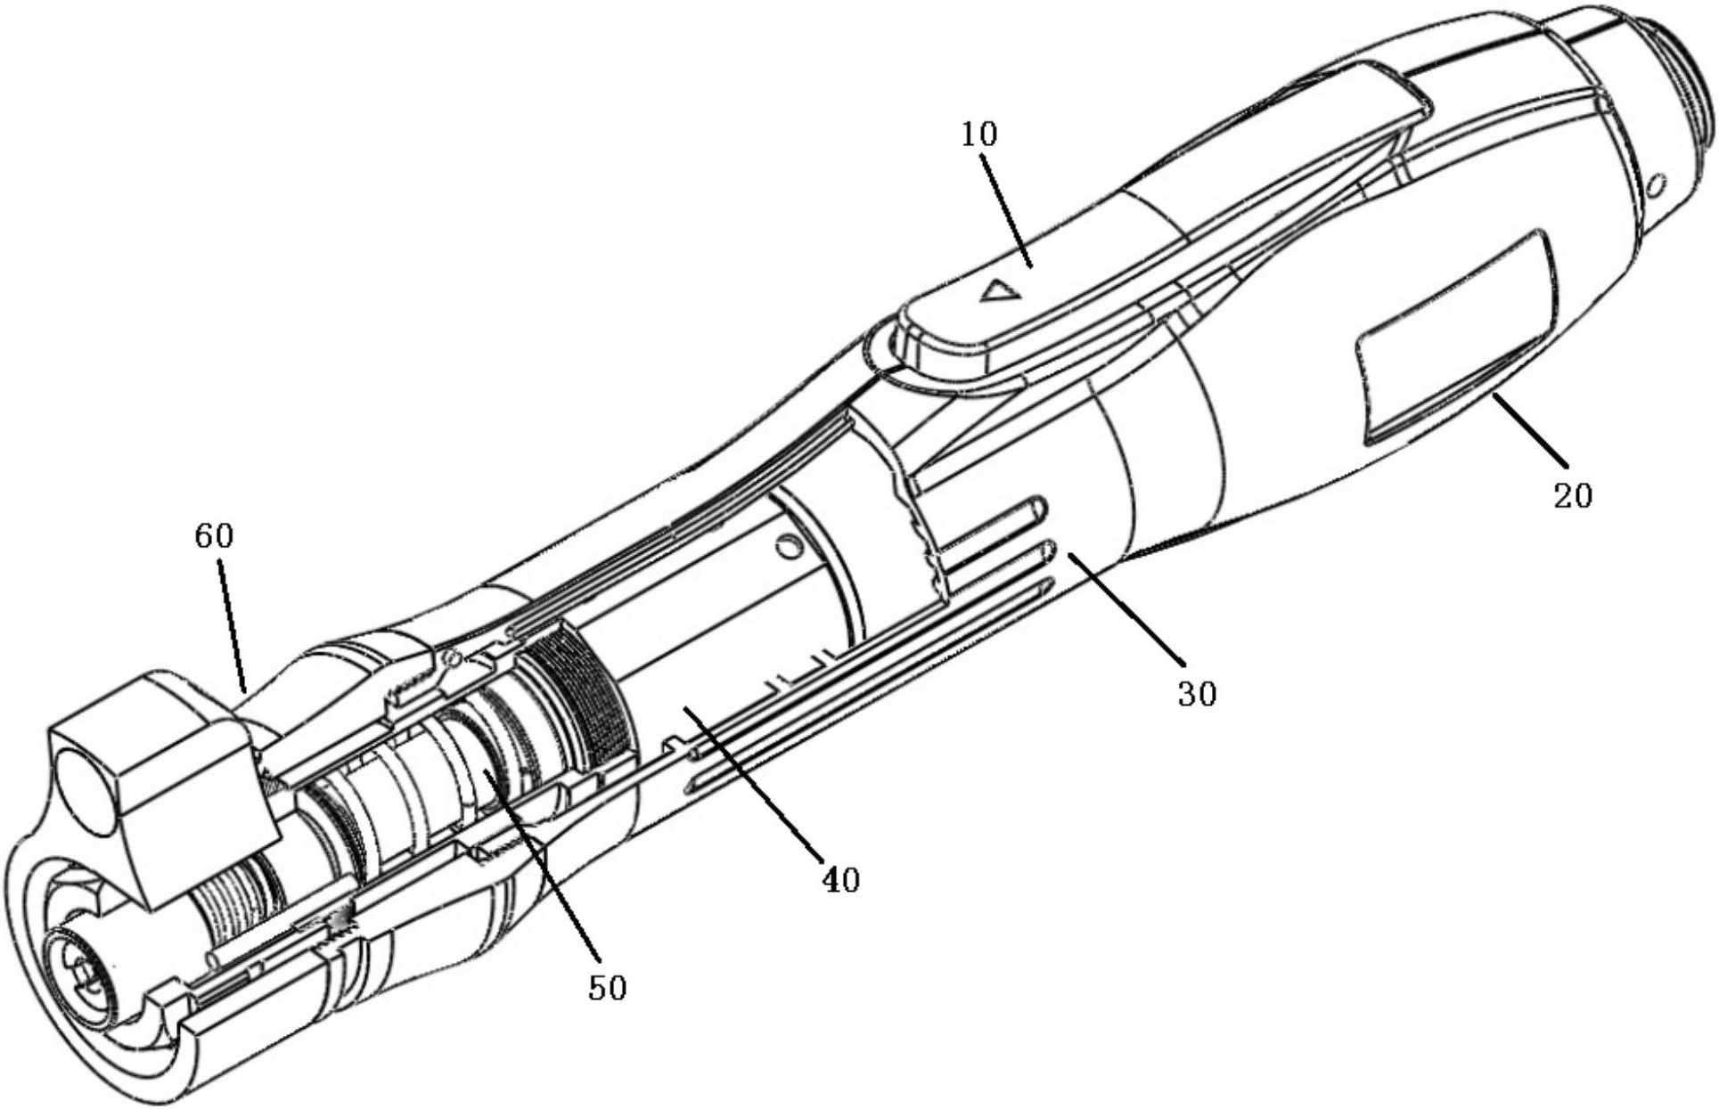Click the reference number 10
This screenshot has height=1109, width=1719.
coord(978,135)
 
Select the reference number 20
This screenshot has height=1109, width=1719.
coord(1572,495)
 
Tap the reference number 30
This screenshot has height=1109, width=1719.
coord(1196,693)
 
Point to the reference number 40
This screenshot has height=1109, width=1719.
coord(839,880)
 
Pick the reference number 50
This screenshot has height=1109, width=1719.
coord(607,987)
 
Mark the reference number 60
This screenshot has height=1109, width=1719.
coord(214,536)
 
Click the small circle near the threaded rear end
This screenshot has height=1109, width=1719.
coord(1657,186)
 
